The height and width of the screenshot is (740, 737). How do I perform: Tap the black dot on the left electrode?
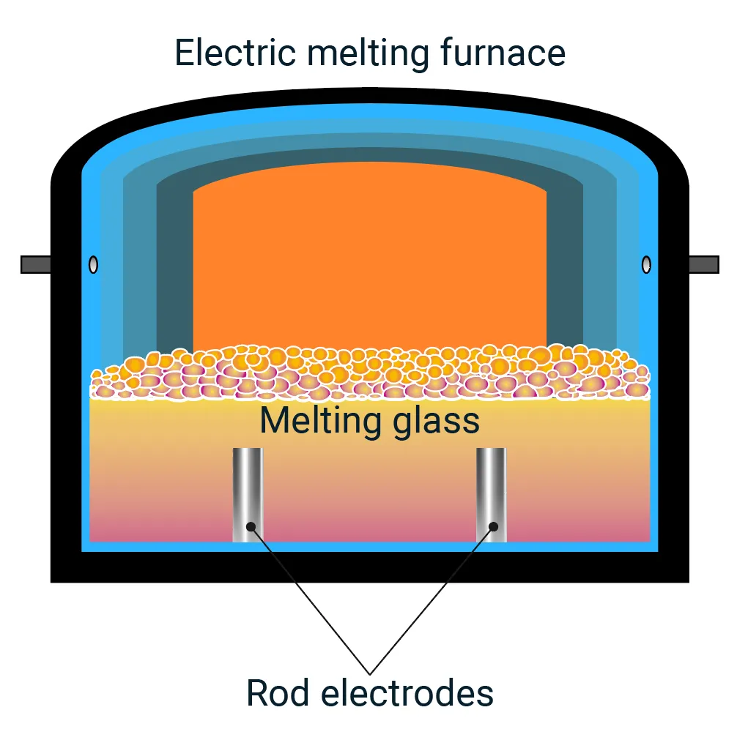(251, 526)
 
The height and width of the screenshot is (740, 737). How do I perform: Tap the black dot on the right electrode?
(494, 526)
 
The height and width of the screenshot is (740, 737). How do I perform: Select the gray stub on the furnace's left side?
(35, 264)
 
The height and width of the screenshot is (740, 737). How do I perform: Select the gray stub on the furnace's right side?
(703, 264)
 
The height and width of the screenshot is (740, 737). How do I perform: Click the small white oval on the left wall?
(93, 265)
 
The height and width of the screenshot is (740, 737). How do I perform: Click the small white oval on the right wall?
(646, 265)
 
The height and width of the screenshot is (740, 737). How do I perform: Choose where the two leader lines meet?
(370, 673)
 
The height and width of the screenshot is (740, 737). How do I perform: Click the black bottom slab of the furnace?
(369, 567)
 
